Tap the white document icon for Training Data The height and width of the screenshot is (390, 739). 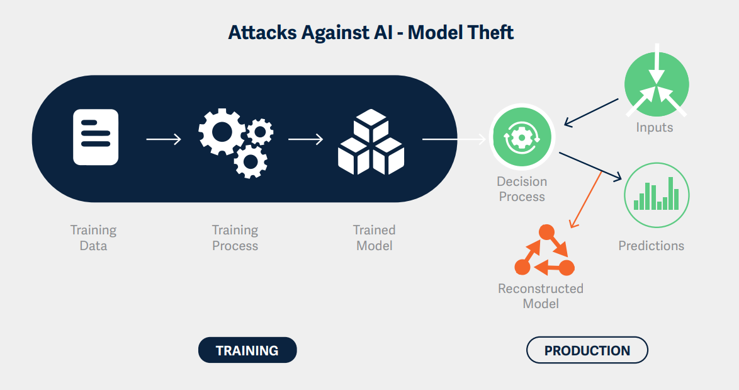[x=96, y=137]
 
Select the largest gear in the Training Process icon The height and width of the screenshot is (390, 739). [x=220, y=130]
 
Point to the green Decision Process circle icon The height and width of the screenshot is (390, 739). [x=521, y=136]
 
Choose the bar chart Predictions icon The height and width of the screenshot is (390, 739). [x=657, y=195]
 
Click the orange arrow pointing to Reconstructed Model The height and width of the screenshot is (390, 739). [x=586, y=200]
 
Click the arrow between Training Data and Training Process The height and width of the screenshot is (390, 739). [x=164, y=139]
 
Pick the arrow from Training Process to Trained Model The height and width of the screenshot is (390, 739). [x=305, y=139]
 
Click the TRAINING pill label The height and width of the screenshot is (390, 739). [x=247, y=350]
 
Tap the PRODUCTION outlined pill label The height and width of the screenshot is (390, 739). [x=587, y=350]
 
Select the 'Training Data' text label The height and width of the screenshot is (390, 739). [x=93, y=238]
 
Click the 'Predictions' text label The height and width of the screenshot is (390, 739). [x=651, y=245]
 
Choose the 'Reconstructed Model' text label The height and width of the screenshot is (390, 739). [x=541, y=295]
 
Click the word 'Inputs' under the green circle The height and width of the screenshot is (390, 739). [x=654, y=127]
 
